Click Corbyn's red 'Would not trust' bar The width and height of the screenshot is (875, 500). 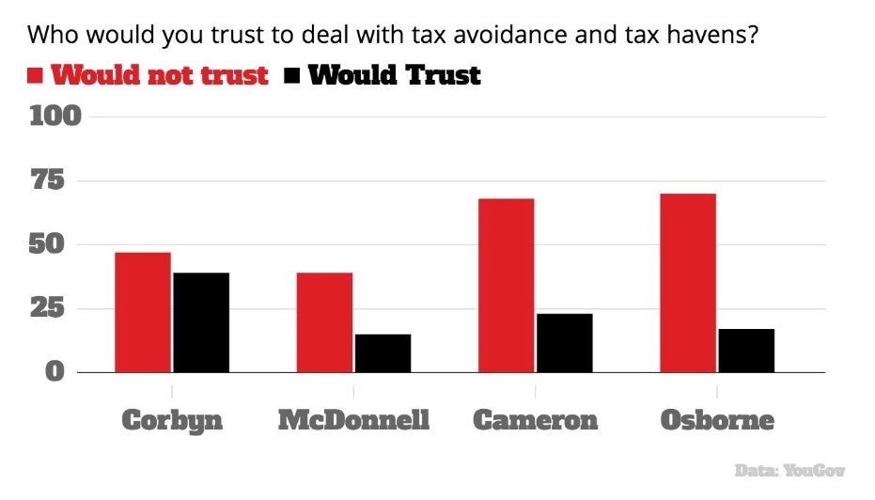point(143,312)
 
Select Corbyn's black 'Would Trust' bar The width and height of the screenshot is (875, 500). point(201,322)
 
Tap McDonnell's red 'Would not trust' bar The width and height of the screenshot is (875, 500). point(324,322)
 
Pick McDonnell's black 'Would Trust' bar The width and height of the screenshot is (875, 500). point(383,353)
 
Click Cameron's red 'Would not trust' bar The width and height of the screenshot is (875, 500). point(506,286)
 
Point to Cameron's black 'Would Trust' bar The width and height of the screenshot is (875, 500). point(564,343)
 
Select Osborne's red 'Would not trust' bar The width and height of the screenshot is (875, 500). point(688,283)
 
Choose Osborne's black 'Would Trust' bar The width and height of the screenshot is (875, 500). point(746,351)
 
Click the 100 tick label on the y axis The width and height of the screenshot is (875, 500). point(56,117)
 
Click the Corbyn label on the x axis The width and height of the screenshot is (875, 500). point(172,420)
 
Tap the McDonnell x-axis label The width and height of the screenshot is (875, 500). point(353,420)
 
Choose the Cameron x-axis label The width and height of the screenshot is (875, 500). point(535,420)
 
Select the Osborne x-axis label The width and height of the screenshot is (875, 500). point(717,420)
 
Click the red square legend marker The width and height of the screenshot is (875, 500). point(36,76)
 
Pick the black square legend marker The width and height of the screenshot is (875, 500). point(291,76)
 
